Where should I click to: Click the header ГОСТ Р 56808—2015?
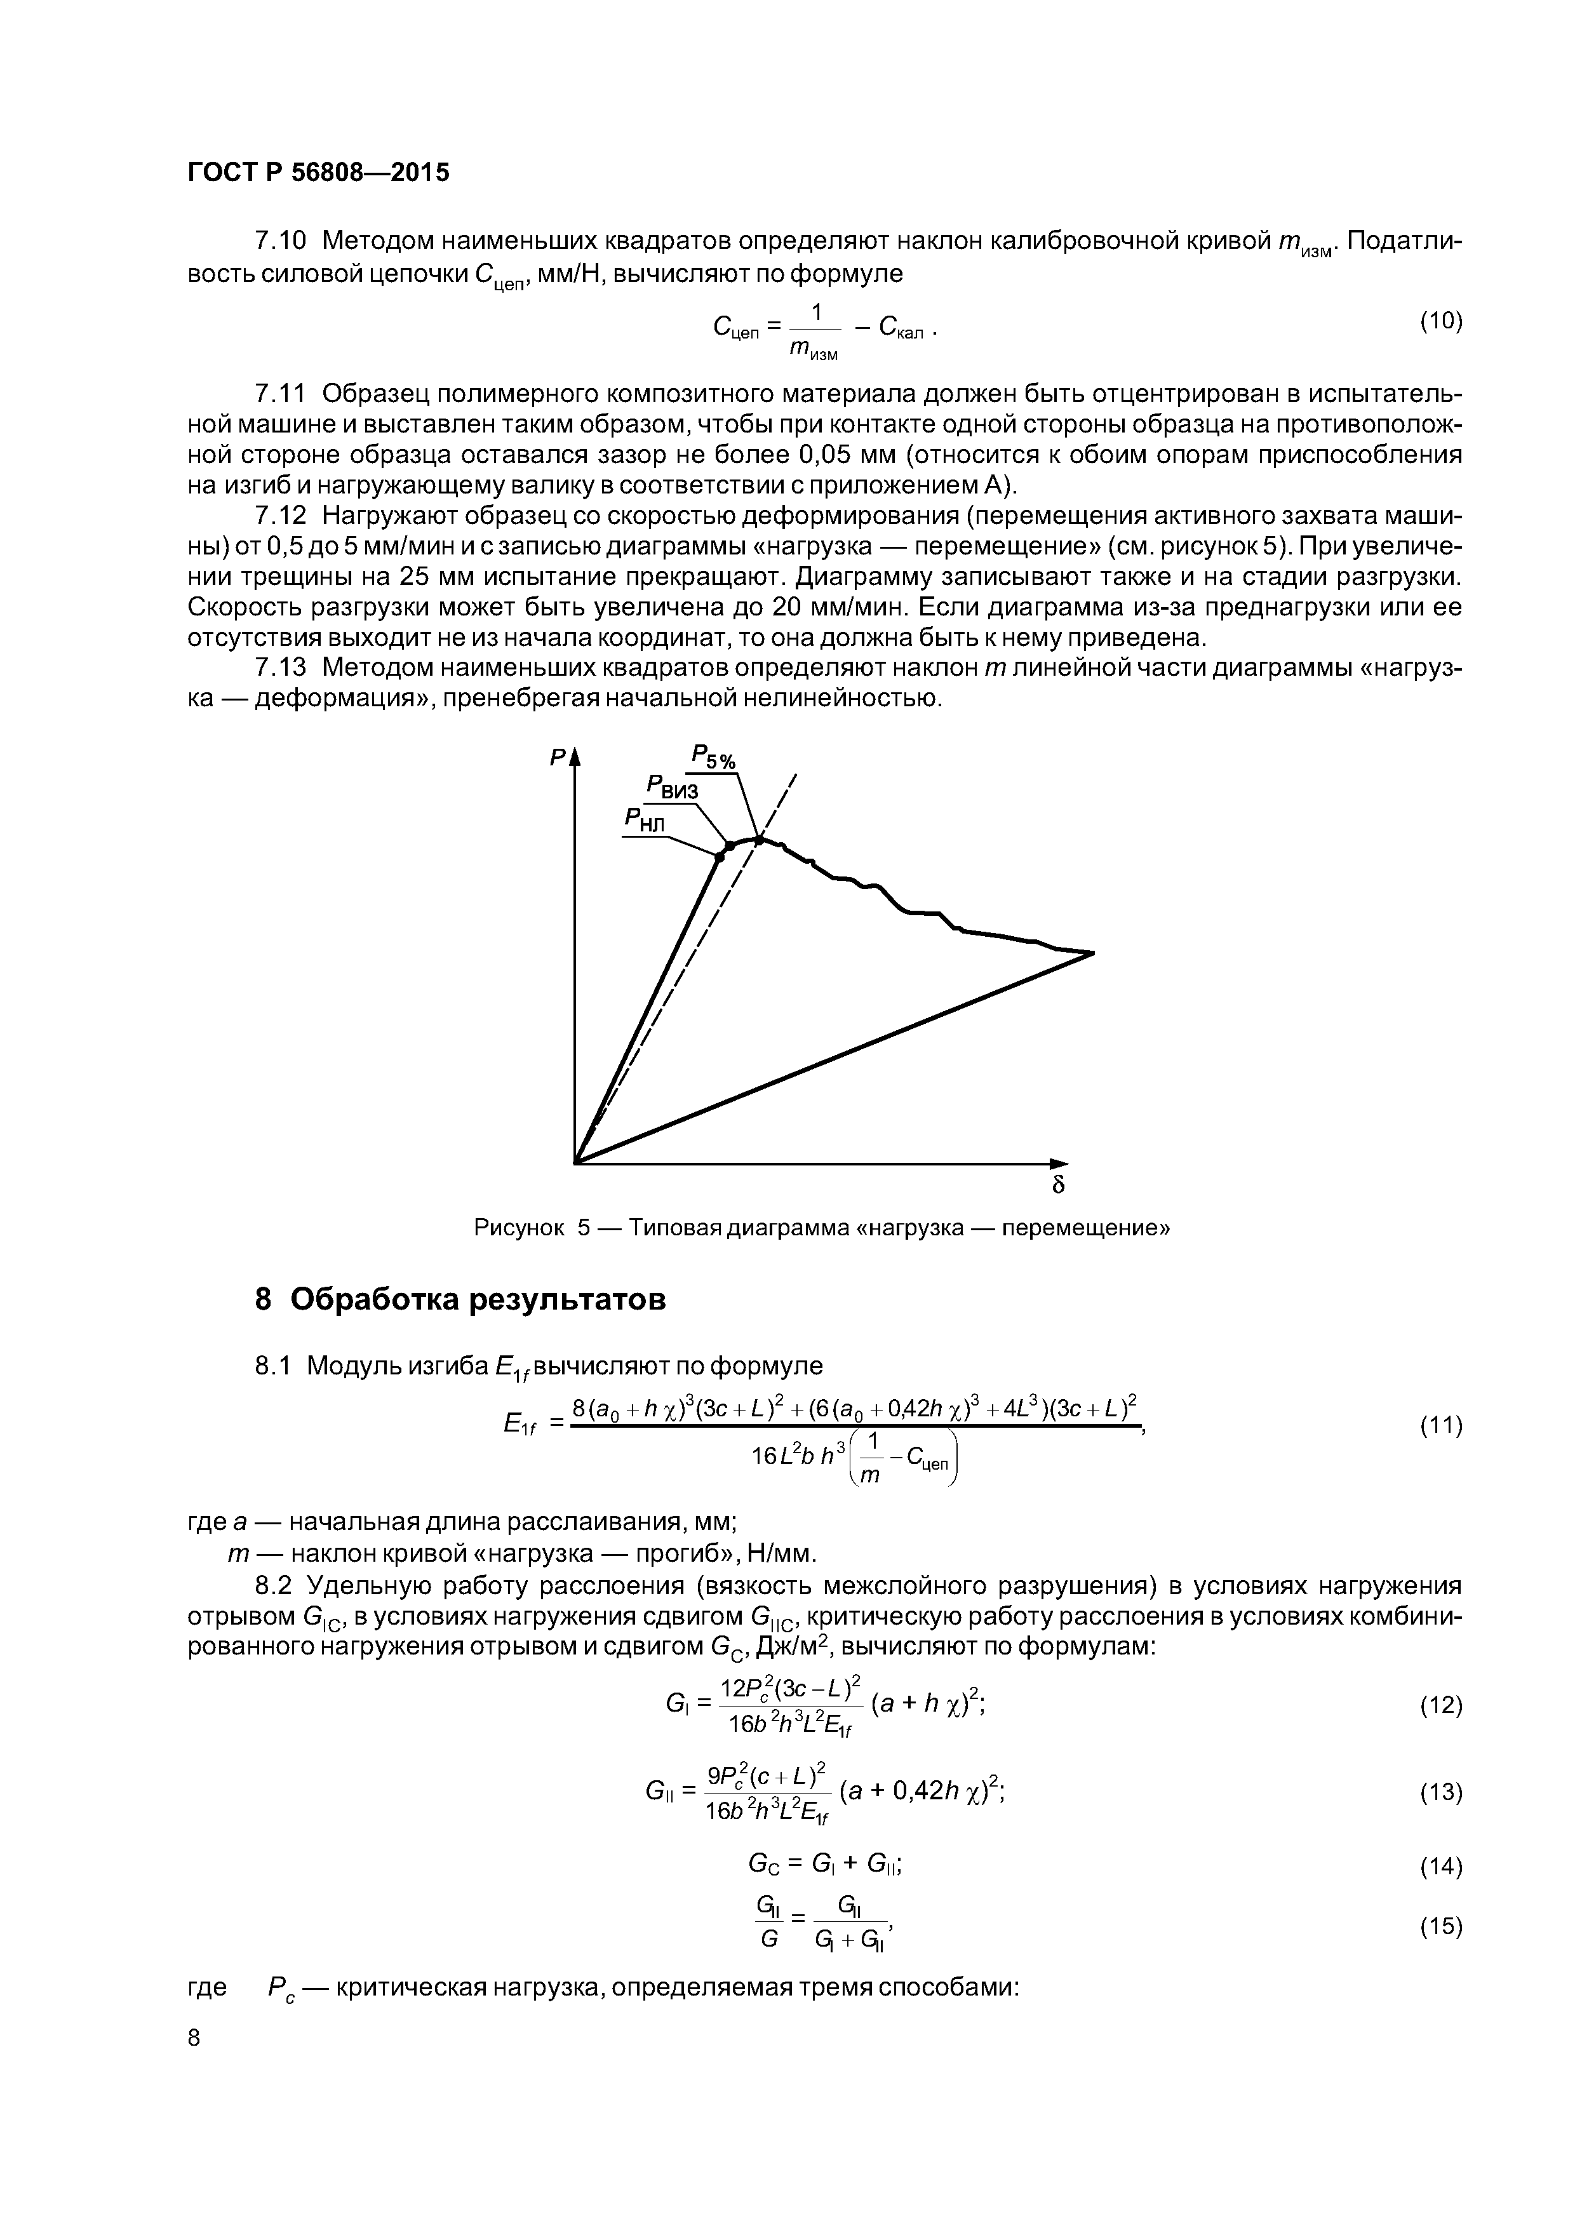pyautogui.click(x=318, y=173)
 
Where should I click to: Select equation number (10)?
pyautogui.click(x=1441, y=321)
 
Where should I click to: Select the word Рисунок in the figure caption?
pyautogui.click(x=519, y=1228)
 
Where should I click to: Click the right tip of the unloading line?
pyautogui.click(x=1093, y=953)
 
